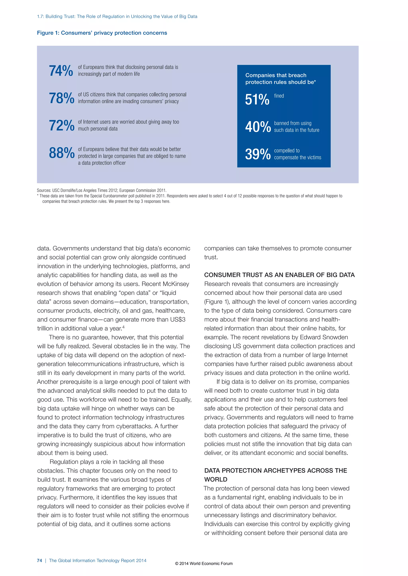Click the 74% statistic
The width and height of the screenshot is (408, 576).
[x=61, y=71]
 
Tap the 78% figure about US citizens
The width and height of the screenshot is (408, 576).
[x=62, y=98]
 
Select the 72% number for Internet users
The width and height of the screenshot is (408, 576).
[x=62, y=126]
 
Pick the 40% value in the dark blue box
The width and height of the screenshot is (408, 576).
[x=258, y=127]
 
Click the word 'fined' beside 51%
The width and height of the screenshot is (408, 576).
[x=279, y=96]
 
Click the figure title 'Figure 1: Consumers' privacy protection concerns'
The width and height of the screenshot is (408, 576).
[x=102, y=33]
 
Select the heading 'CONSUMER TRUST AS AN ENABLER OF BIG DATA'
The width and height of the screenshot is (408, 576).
[x=279, y=275]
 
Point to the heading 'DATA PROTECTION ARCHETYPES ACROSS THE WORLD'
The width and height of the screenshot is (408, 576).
[x=276, y=475]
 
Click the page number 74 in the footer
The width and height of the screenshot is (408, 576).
[x=39, y=560]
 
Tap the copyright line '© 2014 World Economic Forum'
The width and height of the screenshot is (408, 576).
[x=204, y=563]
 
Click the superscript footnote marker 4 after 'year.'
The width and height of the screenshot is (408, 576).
[x=123, y=327]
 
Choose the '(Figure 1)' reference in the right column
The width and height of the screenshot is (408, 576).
[x=217, y=302]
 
